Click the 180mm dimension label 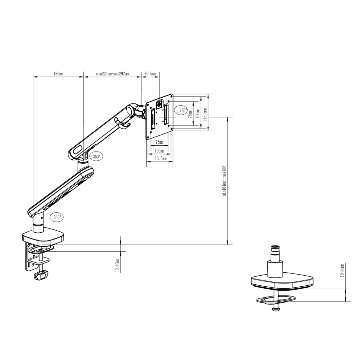coord(58,74)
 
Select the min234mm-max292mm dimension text coord(112,74)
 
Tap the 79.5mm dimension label coord(150,74)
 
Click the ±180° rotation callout coord(181,110)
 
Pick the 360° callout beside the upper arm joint coord(97,157)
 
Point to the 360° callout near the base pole coord(57,217)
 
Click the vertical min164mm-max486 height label coord(225,181)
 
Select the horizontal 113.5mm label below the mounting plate coord(159,159)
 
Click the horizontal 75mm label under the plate coord(159,142)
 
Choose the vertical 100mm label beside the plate coord(197,113)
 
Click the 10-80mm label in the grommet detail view coord(342,271)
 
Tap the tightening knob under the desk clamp coord(41,276)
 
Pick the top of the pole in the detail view coord(275,247)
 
